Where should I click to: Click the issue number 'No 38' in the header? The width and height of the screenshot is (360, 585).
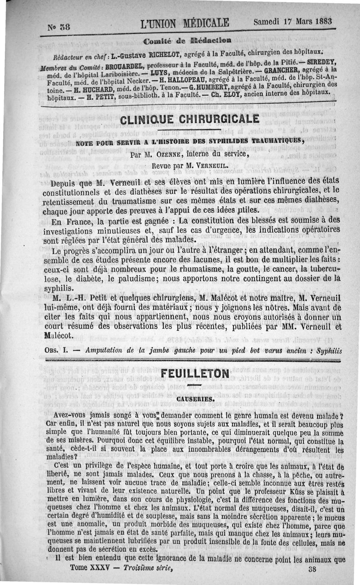[x=57, y=27]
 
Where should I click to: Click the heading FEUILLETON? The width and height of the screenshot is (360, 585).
[x=193, y=374]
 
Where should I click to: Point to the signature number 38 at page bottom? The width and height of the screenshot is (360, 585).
[x=313, y=568]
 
